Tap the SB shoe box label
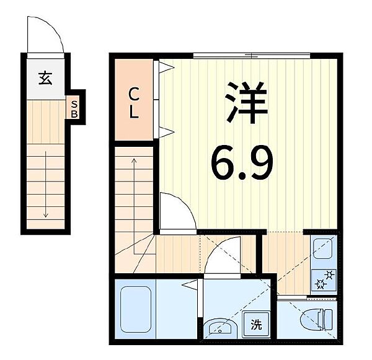pyautogui.click(x=74, y=109)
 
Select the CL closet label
pyautogui.click(x=133, y=103)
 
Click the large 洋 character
pyautogui.click(x=247, y=103)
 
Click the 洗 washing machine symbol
pyautogui.click(x=257, y=325)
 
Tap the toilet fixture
pyautogui.click(x=316, y=319)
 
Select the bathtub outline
pyautogui.click(x=136, y=309)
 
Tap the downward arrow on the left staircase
pyautogui.click(x=45, y=185)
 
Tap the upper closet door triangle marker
pyautogui.click(x=167, y=68)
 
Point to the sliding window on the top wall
pyautogui.click(x=252, y=56)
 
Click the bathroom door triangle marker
pyautogui.click(x=190, y=284)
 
